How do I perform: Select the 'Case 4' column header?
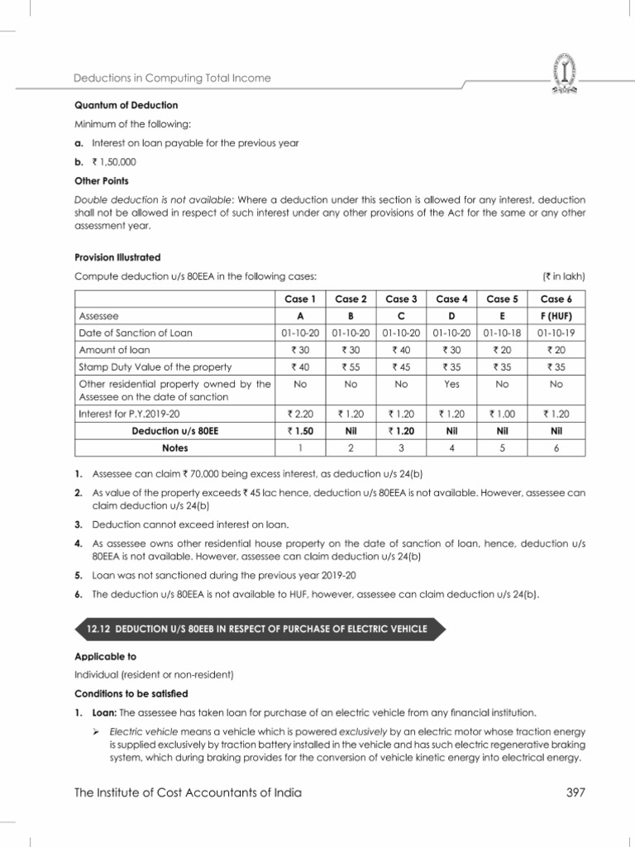452,299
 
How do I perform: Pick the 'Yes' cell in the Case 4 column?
452,385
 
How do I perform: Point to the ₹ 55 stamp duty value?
350,367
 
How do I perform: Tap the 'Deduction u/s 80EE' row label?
174,431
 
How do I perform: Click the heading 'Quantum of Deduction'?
126,106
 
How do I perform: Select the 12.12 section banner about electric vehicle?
257,629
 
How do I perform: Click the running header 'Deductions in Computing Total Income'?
172,79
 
